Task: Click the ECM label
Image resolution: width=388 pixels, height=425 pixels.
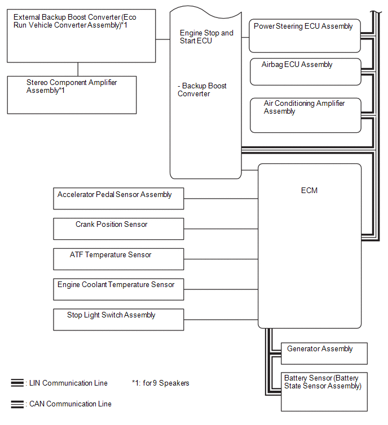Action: (309, 190)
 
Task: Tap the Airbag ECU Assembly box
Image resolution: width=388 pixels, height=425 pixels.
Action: (305, 71)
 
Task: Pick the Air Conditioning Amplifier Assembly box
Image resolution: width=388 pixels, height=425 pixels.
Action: (305, 115)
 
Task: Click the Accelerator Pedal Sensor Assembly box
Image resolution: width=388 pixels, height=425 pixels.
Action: (118, 198)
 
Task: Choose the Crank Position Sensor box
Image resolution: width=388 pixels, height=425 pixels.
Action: (118, 229)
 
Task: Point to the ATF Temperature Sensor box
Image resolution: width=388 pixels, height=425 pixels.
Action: (118, 259)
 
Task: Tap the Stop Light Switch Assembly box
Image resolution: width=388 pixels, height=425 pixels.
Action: (118, 319)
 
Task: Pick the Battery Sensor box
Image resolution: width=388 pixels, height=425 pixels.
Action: (324, 391)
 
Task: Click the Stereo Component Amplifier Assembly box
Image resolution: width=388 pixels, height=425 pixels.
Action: (72, 95)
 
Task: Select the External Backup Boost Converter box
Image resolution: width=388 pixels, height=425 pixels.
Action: (81, 36)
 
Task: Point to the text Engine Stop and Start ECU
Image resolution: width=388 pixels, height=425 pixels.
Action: (206, 37)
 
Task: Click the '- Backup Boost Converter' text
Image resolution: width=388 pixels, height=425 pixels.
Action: (202, 90)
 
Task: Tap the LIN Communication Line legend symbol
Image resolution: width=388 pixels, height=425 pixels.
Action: (17, 383)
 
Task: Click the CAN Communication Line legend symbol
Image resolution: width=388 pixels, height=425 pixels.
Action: (17, 404)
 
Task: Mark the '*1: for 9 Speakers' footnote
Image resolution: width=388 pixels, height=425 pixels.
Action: (160, 383)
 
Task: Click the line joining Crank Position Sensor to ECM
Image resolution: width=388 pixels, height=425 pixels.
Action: (221, 229)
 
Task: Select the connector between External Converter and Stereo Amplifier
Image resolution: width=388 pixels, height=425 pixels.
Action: (78, 69)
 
